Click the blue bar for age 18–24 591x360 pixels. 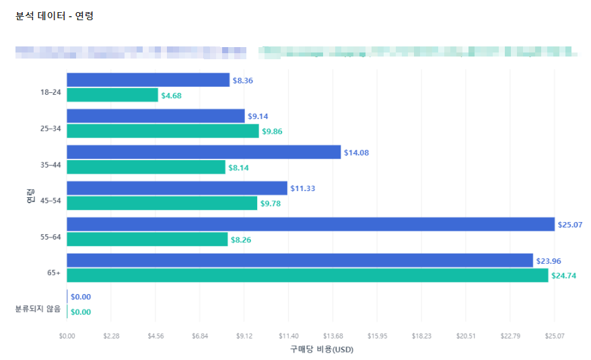tap(148, 80)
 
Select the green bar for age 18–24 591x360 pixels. tap(112, 96)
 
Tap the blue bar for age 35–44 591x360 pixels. tap(203, 152)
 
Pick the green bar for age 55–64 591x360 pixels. tap(147, 239)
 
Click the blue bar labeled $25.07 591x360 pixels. tap(310, 224)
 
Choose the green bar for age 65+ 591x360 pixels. tap(307, 275)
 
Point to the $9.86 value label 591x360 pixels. tap(272, 131)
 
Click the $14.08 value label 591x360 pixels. tap(356, 153)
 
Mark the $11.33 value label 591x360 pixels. tap(302, 188)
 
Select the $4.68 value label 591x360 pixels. tap(171, 96)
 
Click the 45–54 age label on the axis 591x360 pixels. tap(50, 201)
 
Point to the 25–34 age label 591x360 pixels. tap(50, 128)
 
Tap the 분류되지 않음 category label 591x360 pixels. tap(38, 309)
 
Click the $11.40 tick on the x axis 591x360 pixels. tap(288, 336)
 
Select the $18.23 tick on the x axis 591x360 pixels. tap(421, 336)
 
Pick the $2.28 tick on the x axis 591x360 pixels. tap(111, 336)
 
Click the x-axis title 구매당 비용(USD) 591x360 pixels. tap(322, 349)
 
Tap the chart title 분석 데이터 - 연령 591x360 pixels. tap(54, 15)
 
